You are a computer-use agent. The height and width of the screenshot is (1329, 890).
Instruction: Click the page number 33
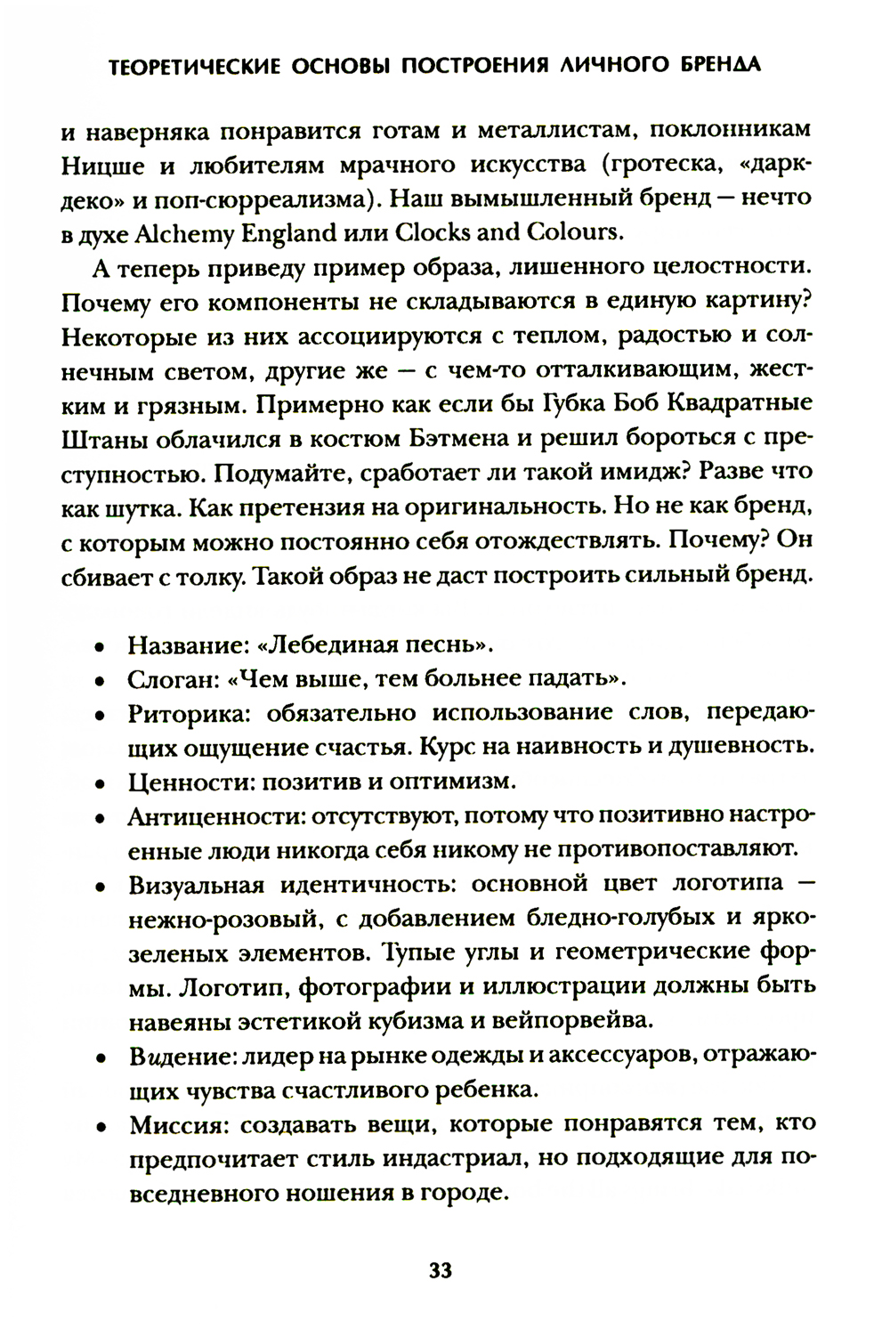pos(441,1270)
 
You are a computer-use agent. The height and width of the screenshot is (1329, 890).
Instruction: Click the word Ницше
pos(94,166)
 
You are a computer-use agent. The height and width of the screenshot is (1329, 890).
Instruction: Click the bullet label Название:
pos(182,644)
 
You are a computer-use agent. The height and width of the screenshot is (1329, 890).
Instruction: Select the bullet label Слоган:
pos(172,679)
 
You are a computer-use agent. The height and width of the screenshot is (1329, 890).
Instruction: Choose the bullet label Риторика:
pos(183,714)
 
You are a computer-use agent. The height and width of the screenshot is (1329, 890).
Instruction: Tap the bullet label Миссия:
pos(174,1123)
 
